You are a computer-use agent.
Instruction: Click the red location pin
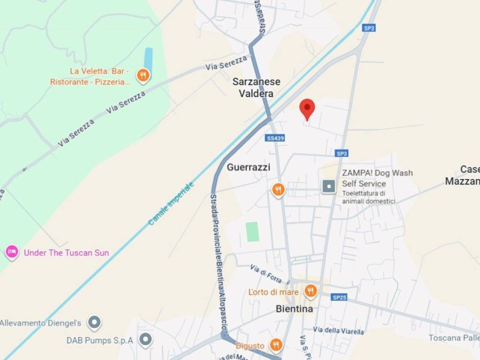pos(307,109)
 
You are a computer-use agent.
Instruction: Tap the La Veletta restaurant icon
pos(143,75)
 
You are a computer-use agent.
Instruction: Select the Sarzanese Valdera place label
pos(256,88)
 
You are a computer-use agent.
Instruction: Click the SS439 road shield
pos(275,138)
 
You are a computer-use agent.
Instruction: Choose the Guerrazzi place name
pos(248,167)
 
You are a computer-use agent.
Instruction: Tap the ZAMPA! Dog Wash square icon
pos(329,187)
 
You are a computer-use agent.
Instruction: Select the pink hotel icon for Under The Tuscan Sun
pos(12,253)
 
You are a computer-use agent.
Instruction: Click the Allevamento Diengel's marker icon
pos(95,322)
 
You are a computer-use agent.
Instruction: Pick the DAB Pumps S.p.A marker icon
pos(146,340)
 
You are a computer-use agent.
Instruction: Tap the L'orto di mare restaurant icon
pos(310,292)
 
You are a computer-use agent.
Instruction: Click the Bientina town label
pos(294,309)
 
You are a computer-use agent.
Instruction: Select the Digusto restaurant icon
pos(276,345)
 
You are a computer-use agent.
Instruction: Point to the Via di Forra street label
pos(266,274)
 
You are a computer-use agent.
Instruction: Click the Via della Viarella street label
pos(338,331)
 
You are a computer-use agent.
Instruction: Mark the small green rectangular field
pos(253,232)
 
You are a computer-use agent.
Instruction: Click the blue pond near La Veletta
pos(148,59)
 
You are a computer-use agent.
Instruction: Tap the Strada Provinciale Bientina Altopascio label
pos(218,262)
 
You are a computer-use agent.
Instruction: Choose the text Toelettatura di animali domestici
pos(368,197)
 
